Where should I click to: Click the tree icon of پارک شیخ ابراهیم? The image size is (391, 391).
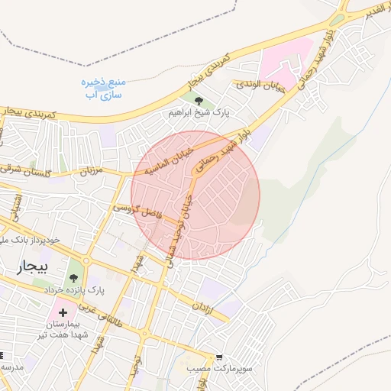[x=199, y=100]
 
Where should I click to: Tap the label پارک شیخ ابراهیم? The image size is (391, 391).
[x=199, y=113]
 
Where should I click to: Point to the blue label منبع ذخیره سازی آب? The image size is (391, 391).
[x=102, y=89]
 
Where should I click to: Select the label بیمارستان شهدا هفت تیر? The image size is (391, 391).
[x=68, y=331]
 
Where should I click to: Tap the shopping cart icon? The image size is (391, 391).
[x=219, y=357]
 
